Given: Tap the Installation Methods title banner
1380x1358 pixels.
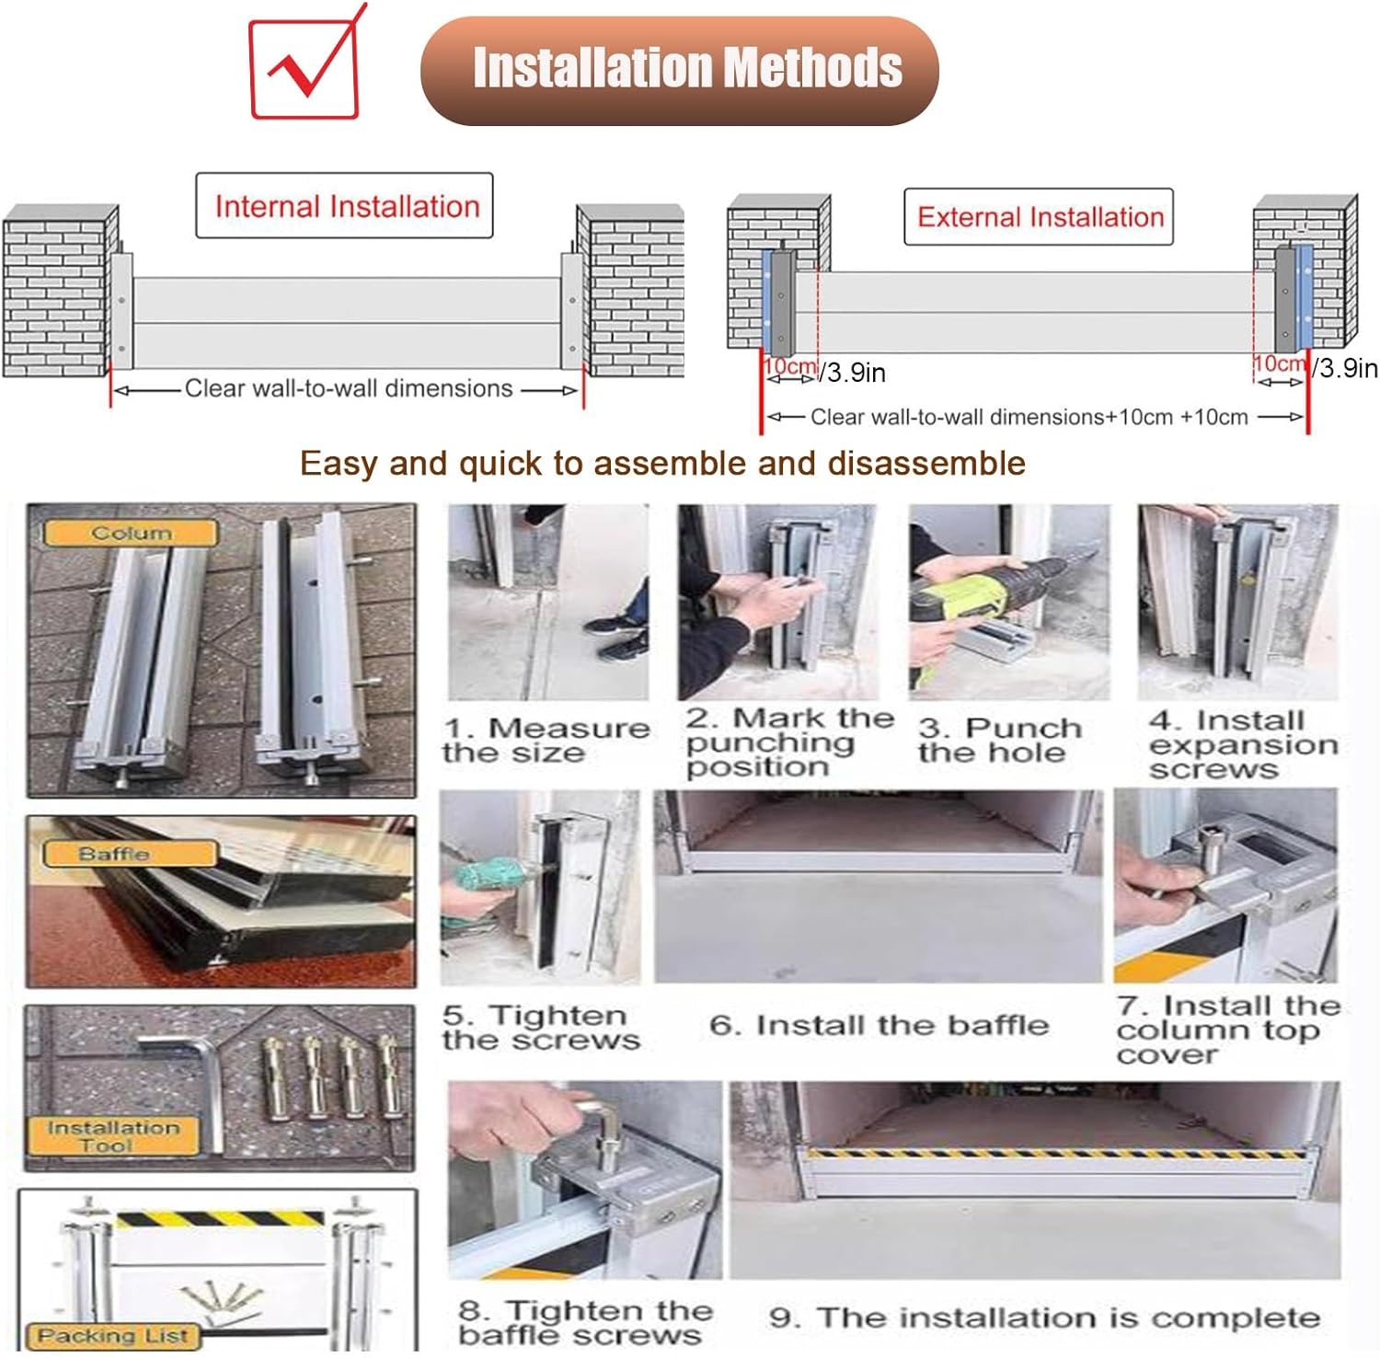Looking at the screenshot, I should [x=679, y=70].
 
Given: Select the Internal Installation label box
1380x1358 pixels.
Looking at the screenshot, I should [x=345, y=206].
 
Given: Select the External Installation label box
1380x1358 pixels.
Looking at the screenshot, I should [x=1039, y=217].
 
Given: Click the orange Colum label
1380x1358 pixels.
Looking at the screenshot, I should [x=131, y=533].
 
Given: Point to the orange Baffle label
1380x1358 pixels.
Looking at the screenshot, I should [x=114, y=854].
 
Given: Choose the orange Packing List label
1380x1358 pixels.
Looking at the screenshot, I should [x=112, y=1335].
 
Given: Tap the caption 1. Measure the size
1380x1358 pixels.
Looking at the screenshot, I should [x=545, y=740].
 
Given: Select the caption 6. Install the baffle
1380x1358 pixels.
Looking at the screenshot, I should [x=879, y=1025].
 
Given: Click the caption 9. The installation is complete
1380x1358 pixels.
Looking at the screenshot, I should [x=1044, y=1318].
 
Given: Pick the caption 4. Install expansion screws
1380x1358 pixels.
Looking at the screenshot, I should [x=1242, y=744].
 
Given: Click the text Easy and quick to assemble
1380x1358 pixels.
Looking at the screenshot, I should [x=662, y=463].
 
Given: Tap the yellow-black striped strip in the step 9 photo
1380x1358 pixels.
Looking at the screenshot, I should [x=1058, y=1154].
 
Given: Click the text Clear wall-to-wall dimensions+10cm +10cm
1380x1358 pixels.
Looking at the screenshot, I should [x=1029, y=417].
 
